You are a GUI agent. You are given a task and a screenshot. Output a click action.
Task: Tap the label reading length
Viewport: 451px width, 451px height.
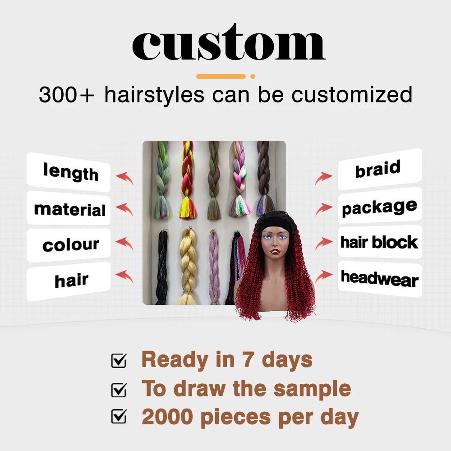(x=70, y=172)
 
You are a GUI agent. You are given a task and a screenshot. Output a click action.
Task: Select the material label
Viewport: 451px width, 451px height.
(x=70, y=209)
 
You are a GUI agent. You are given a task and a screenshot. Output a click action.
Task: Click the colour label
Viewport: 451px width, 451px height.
(x=70, y=245)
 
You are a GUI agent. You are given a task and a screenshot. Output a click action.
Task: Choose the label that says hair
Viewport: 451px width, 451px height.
(x=71, y=281)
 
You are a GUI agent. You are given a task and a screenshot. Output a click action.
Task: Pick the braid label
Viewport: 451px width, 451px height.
(x=378, y=170)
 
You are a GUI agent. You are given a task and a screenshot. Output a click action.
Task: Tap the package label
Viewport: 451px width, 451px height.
(x=379, y=207)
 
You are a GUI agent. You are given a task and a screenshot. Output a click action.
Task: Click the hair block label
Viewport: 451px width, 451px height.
(x=379, y=242)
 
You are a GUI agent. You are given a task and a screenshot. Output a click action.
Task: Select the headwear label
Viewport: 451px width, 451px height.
(x=379, y=279)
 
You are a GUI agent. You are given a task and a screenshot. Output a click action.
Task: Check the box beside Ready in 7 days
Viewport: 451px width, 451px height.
(x=119, y=360)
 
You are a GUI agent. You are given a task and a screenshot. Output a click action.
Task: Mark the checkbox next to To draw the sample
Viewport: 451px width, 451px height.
(x=119, y=389)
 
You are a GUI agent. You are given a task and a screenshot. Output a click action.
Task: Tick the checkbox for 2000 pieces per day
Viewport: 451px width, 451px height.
(x=119, y=417)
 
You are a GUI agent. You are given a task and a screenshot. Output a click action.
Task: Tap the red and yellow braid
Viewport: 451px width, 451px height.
(x=188, y=180)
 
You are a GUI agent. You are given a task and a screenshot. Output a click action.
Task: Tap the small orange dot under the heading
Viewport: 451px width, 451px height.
(x=253, y=76)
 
